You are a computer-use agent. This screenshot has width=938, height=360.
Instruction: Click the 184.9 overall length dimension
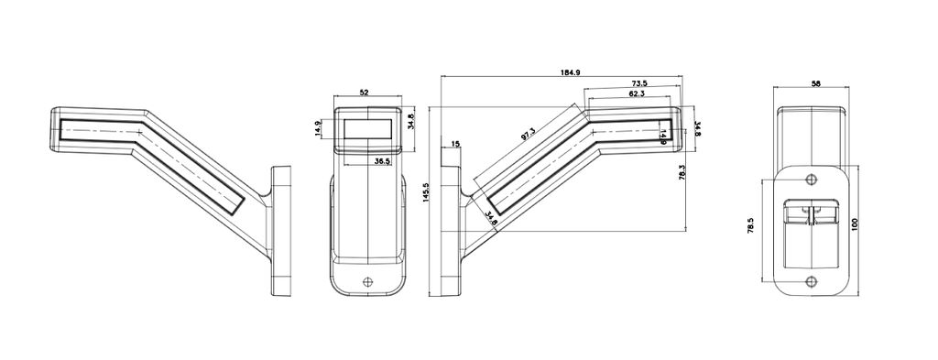coord(570,72)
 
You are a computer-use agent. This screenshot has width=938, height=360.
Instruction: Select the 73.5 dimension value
coord(639,83)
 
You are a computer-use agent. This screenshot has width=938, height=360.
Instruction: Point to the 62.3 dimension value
coord(637,93)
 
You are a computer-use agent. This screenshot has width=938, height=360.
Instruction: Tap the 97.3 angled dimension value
coord(528,134)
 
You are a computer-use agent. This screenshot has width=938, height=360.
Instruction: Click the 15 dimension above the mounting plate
coord(456,144)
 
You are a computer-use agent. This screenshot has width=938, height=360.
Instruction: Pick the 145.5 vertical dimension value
coord(427,192)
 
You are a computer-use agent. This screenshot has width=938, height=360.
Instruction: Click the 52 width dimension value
coord(364,93)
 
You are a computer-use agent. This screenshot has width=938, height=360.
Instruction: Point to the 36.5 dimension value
coord(382,161)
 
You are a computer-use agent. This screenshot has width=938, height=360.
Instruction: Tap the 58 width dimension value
coord(815,84)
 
